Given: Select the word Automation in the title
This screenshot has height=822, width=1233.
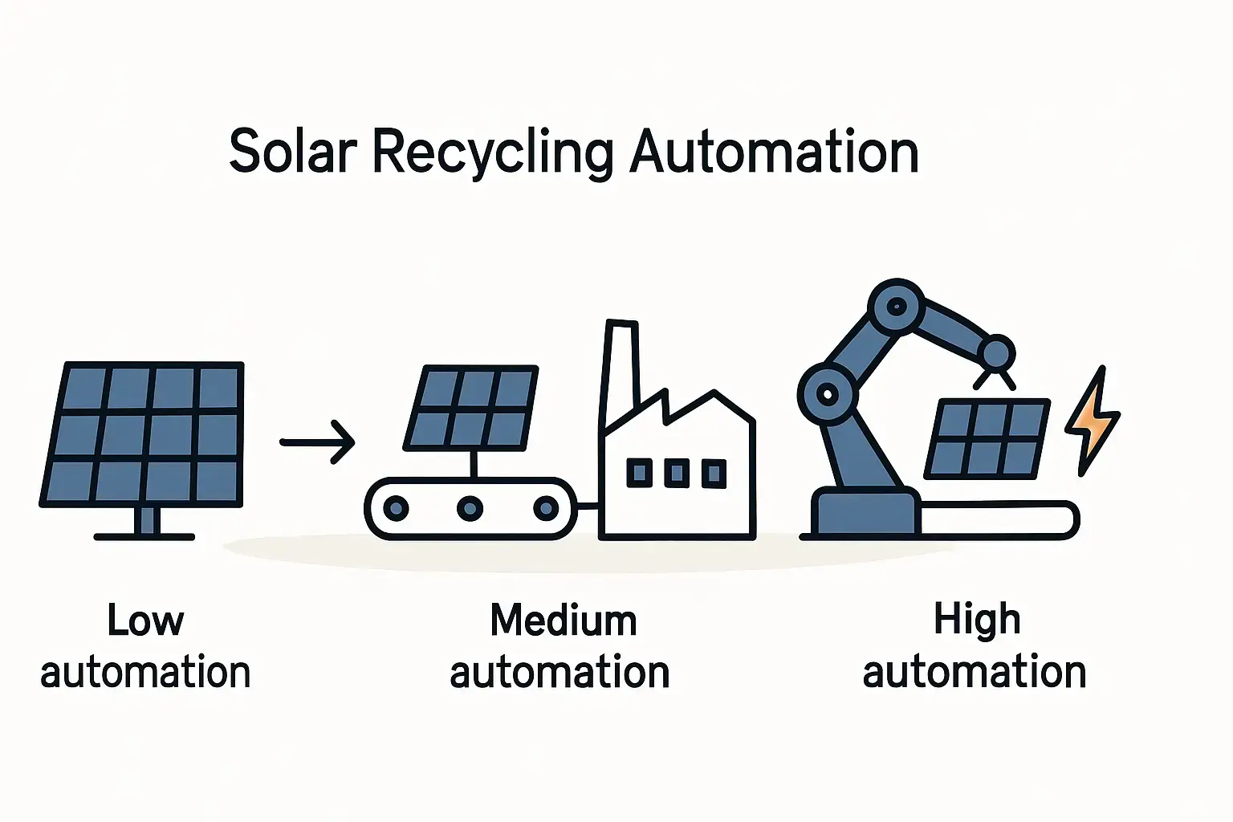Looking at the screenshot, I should [x=774, y=152].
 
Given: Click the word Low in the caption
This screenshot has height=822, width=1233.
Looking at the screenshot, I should [x=145, y=621].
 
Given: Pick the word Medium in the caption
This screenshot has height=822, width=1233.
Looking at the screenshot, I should [x=564, y=621].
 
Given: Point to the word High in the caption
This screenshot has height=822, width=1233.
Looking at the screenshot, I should [x=976, y=620].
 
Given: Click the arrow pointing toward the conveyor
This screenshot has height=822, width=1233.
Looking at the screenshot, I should [x=317, y=442].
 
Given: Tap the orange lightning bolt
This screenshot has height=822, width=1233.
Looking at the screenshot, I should [x=1090, y=421].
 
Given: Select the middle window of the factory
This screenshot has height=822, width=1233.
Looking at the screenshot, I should [x=676, y=473].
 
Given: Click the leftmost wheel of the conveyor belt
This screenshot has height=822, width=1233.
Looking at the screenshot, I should [x=396, y=507].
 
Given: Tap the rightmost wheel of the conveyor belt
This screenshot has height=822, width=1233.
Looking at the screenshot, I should [x=546, y=507].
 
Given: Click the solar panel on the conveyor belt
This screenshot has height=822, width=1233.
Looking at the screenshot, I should [x=472, y=408].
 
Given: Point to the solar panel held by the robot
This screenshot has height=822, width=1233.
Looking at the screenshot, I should [x=987, y=439].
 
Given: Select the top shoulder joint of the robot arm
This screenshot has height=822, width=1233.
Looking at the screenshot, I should [x=897, y=306].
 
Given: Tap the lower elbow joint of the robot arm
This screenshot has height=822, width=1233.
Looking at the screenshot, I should [x=828, y=393].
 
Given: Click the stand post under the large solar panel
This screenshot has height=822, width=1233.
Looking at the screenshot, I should [x=145, y=520].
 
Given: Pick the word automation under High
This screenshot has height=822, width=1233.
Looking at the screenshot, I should [x=974, y=672].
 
